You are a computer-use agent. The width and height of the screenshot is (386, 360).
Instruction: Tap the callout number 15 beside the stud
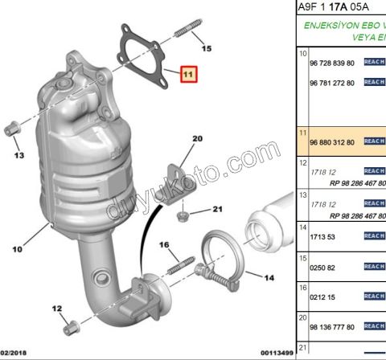coord(207,50)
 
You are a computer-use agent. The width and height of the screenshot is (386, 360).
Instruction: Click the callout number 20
coord(197,139)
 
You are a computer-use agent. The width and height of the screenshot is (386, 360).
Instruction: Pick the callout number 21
coord(216,211)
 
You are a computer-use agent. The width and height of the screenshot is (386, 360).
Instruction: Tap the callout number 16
coord(164,244)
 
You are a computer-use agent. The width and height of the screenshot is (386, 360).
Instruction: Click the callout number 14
coord(269,278)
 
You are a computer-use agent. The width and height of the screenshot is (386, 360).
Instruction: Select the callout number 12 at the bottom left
coord(57,308)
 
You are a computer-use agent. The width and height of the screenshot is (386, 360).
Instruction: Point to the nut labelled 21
coord(183,215)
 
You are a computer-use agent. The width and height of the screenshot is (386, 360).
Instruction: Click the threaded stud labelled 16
coord(183,263)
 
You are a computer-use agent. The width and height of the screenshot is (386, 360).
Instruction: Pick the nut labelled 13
coord(12,128)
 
